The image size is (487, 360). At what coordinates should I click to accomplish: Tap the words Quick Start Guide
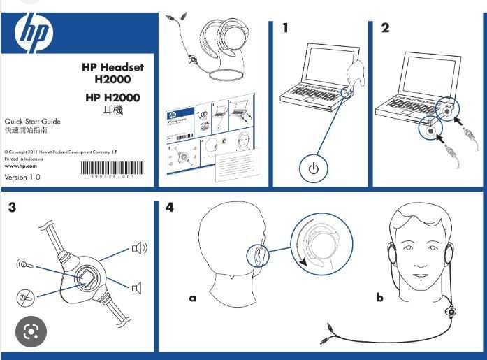(x=33, y=122)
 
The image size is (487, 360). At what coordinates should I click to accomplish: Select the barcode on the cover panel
(x=112, y=168)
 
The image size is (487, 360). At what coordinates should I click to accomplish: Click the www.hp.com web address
(x=20, y=166)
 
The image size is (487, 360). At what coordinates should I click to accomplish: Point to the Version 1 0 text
(x=22, y=178)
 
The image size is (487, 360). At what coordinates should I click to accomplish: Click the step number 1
(x=285, y=28)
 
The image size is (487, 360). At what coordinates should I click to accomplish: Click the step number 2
(x=386, y=28)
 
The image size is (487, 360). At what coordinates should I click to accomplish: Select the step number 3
(x=13, y=207)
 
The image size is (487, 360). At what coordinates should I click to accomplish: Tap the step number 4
(x=170, y=207)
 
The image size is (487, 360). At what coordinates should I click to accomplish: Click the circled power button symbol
(x=313, y=168)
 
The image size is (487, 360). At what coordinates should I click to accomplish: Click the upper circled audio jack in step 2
(x=446, y=108)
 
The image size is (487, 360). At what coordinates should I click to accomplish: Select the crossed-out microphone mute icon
(x=26, y=297)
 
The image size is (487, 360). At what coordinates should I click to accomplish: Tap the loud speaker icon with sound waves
(x=139, y=248)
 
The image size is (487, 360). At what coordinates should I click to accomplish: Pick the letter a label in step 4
(x=192, y=298)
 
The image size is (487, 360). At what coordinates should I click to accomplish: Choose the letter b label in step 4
(x=379, y=298)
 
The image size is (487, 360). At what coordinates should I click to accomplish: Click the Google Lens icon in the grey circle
(x=31, y=332)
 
